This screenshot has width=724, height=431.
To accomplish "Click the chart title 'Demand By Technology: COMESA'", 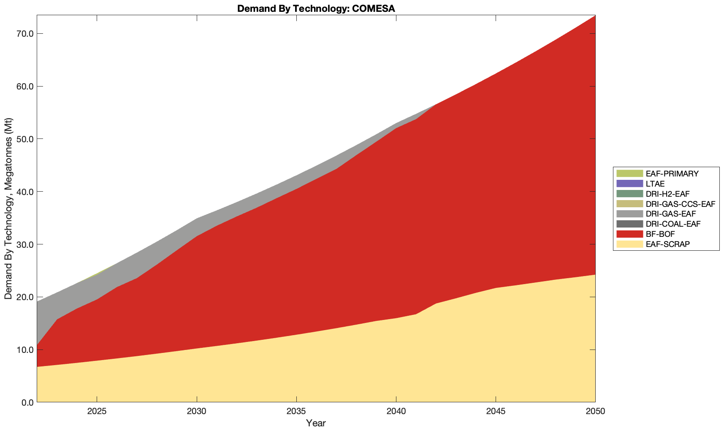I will point(316,8).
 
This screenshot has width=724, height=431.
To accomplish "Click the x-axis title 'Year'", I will point(316,423).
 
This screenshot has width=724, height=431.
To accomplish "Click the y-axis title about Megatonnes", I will point(8,209).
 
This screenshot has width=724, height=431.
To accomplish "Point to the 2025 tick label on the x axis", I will point(97,412).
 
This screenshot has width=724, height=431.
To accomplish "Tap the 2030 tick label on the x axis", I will point(197,412).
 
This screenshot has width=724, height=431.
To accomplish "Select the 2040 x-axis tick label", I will point(396,412).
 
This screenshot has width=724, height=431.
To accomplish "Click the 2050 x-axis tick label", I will point(595,412).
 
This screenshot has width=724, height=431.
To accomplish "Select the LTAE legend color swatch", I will point(629,184).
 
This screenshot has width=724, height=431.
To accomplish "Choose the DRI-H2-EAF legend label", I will point(667,194).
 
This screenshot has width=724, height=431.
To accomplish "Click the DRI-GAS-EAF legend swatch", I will point(629,214).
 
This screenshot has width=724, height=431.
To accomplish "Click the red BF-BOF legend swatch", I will point(629,234).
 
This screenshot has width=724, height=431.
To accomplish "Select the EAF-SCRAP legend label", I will point(667,244).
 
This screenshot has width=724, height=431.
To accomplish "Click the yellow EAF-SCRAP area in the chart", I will point(296,371).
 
